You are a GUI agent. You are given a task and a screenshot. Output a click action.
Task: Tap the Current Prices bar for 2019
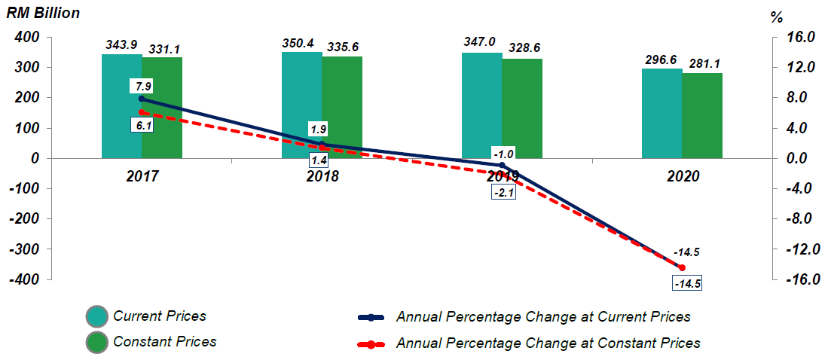(x=482, y=105)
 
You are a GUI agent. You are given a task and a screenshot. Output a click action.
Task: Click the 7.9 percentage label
(x=142, y=85)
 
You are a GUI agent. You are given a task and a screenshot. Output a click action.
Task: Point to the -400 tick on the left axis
(x=24, y=279)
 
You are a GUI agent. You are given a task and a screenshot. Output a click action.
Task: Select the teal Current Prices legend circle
(x=97, y=317)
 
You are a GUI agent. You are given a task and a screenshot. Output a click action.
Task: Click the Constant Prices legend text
(x=164, y=342)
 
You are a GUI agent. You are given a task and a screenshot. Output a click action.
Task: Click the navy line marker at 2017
(x=142, y=99)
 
